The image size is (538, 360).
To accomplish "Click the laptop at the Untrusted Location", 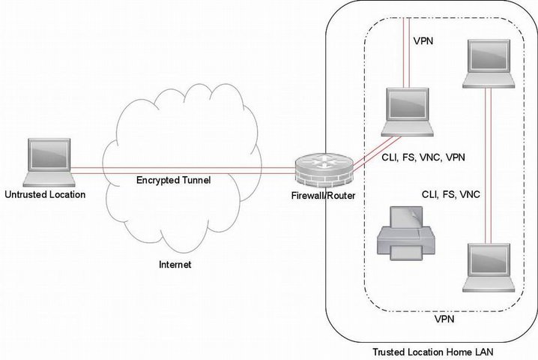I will tap(48, 162).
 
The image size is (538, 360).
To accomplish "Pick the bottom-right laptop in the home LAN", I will tap(490, 268).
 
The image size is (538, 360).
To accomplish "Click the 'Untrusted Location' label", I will tap(45, 195).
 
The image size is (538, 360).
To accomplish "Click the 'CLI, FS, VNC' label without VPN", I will tap(450, 194).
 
